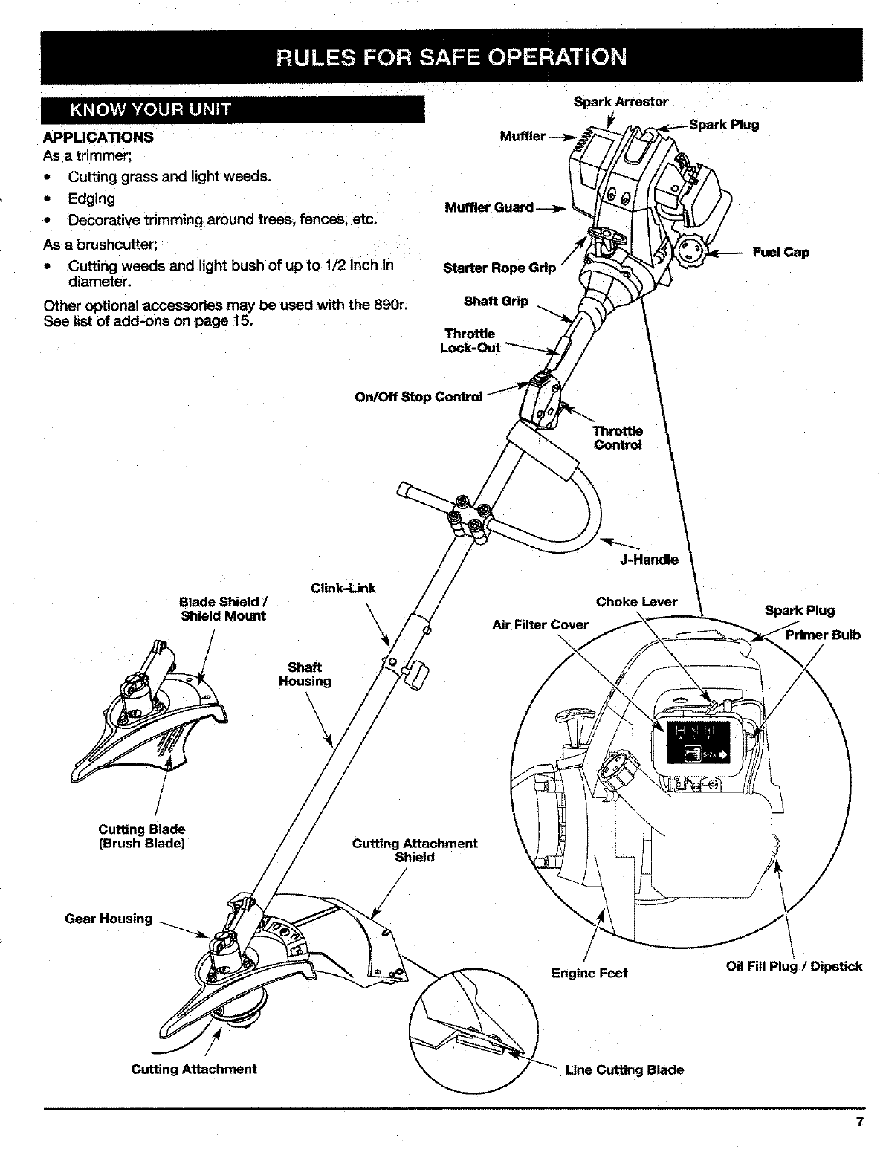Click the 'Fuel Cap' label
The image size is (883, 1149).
[780, 252]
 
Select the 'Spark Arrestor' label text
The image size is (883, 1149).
[621, 102]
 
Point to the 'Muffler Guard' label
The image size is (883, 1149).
[488, 207]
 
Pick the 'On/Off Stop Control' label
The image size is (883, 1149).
[418, 396]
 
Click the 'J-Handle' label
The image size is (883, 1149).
[649, 560]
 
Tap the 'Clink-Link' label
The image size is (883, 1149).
[343, 589]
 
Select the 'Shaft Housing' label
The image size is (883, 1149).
[305, 674]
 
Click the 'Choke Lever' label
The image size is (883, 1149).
[636, 602]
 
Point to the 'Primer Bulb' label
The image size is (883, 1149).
[823, 635]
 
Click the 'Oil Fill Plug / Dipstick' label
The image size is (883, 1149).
[794, 966]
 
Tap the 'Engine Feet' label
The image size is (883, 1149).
[589, 973]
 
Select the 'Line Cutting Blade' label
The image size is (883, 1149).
[624, 1070]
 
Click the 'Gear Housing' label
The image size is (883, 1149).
[109, 919]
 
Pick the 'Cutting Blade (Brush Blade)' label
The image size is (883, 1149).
[142, 836]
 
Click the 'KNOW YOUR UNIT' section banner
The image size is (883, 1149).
[233, 110]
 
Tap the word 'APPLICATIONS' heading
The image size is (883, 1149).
[98, 137]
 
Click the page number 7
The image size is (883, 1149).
[859, 1122]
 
